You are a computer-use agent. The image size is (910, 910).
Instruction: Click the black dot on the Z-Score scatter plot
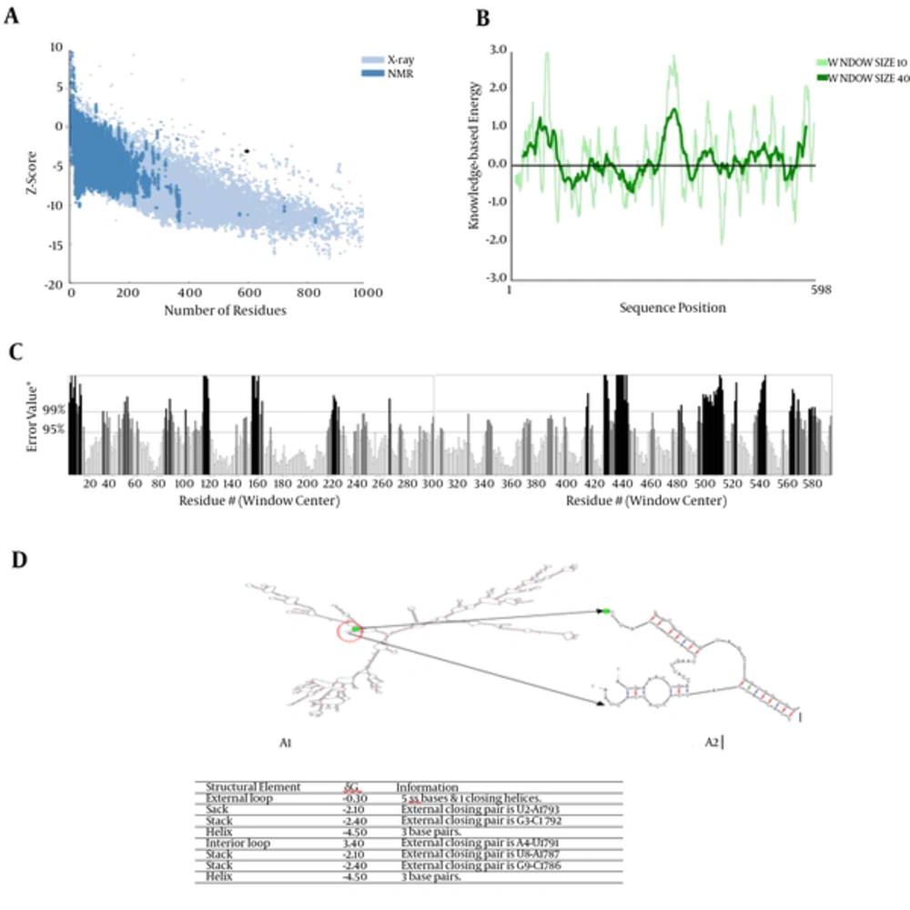click(x=246, y=151)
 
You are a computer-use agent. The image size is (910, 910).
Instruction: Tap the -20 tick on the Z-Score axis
click(x=56, y=284)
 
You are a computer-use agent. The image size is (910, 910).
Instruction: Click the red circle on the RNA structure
click(x=349, y=632)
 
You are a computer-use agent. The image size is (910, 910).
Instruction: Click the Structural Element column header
click(x=245, y=786)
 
